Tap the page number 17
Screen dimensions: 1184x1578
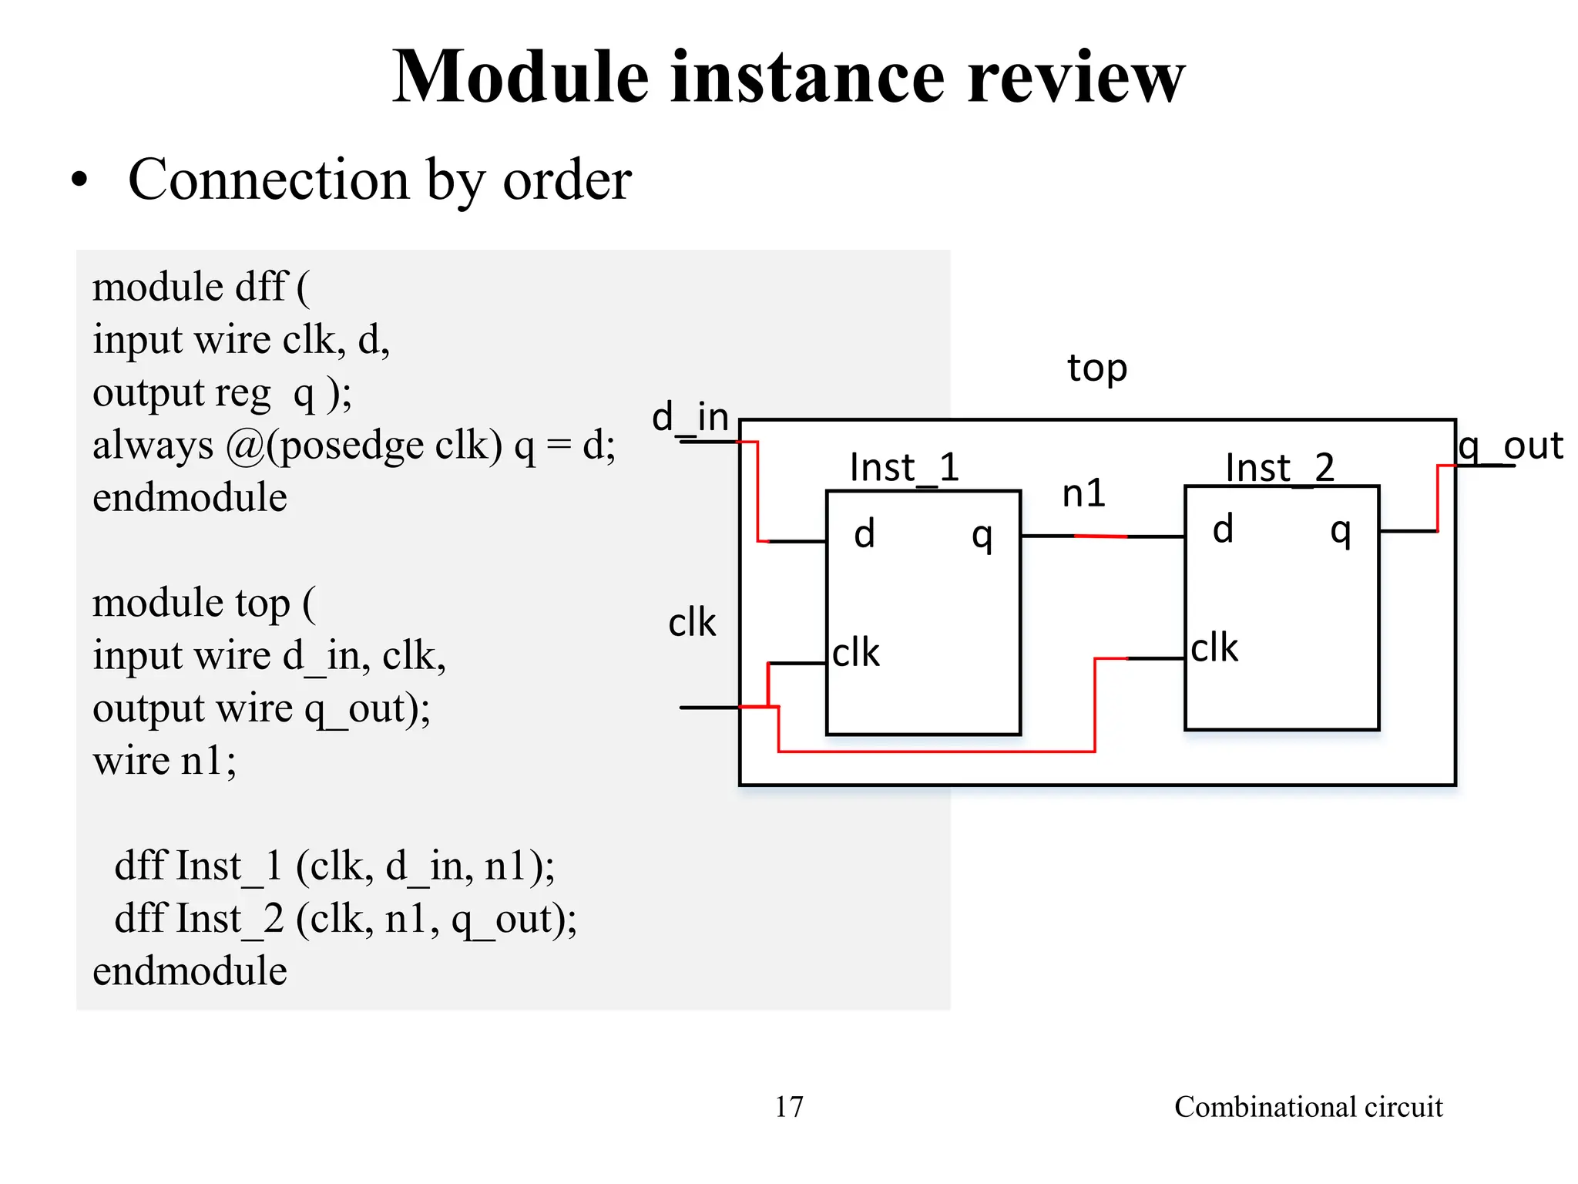(788, 1107)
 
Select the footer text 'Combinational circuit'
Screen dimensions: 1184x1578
(1308, 1107)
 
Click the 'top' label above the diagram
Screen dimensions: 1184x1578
(1096, 369)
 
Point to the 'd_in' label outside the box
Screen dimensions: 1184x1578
(690, 418)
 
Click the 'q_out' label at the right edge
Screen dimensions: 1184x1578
(1510, 446)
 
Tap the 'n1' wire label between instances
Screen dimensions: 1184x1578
(1083, 493)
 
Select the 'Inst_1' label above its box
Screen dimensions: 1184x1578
(904, 468)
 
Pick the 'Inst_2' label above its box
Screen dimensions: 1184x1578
(1279, 468)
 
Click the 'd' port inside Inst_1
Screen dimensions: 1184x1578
(865, 533)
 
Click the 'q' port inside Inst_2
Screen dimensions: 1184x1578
(1341, 532)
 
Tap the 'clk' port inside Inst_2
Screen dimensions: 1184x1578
(1214, 647)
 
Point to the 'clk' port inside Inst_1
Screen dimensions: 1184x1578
(855, 653)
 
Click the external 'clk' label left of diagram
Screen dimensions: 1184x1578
(692, 622)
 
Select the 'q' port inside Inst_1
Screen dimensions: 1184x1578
(982, 536)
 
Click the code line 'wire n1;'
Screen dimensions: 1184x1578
(164, 761)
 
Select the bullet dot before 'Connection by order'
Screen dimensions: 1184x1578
(79, 180)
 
